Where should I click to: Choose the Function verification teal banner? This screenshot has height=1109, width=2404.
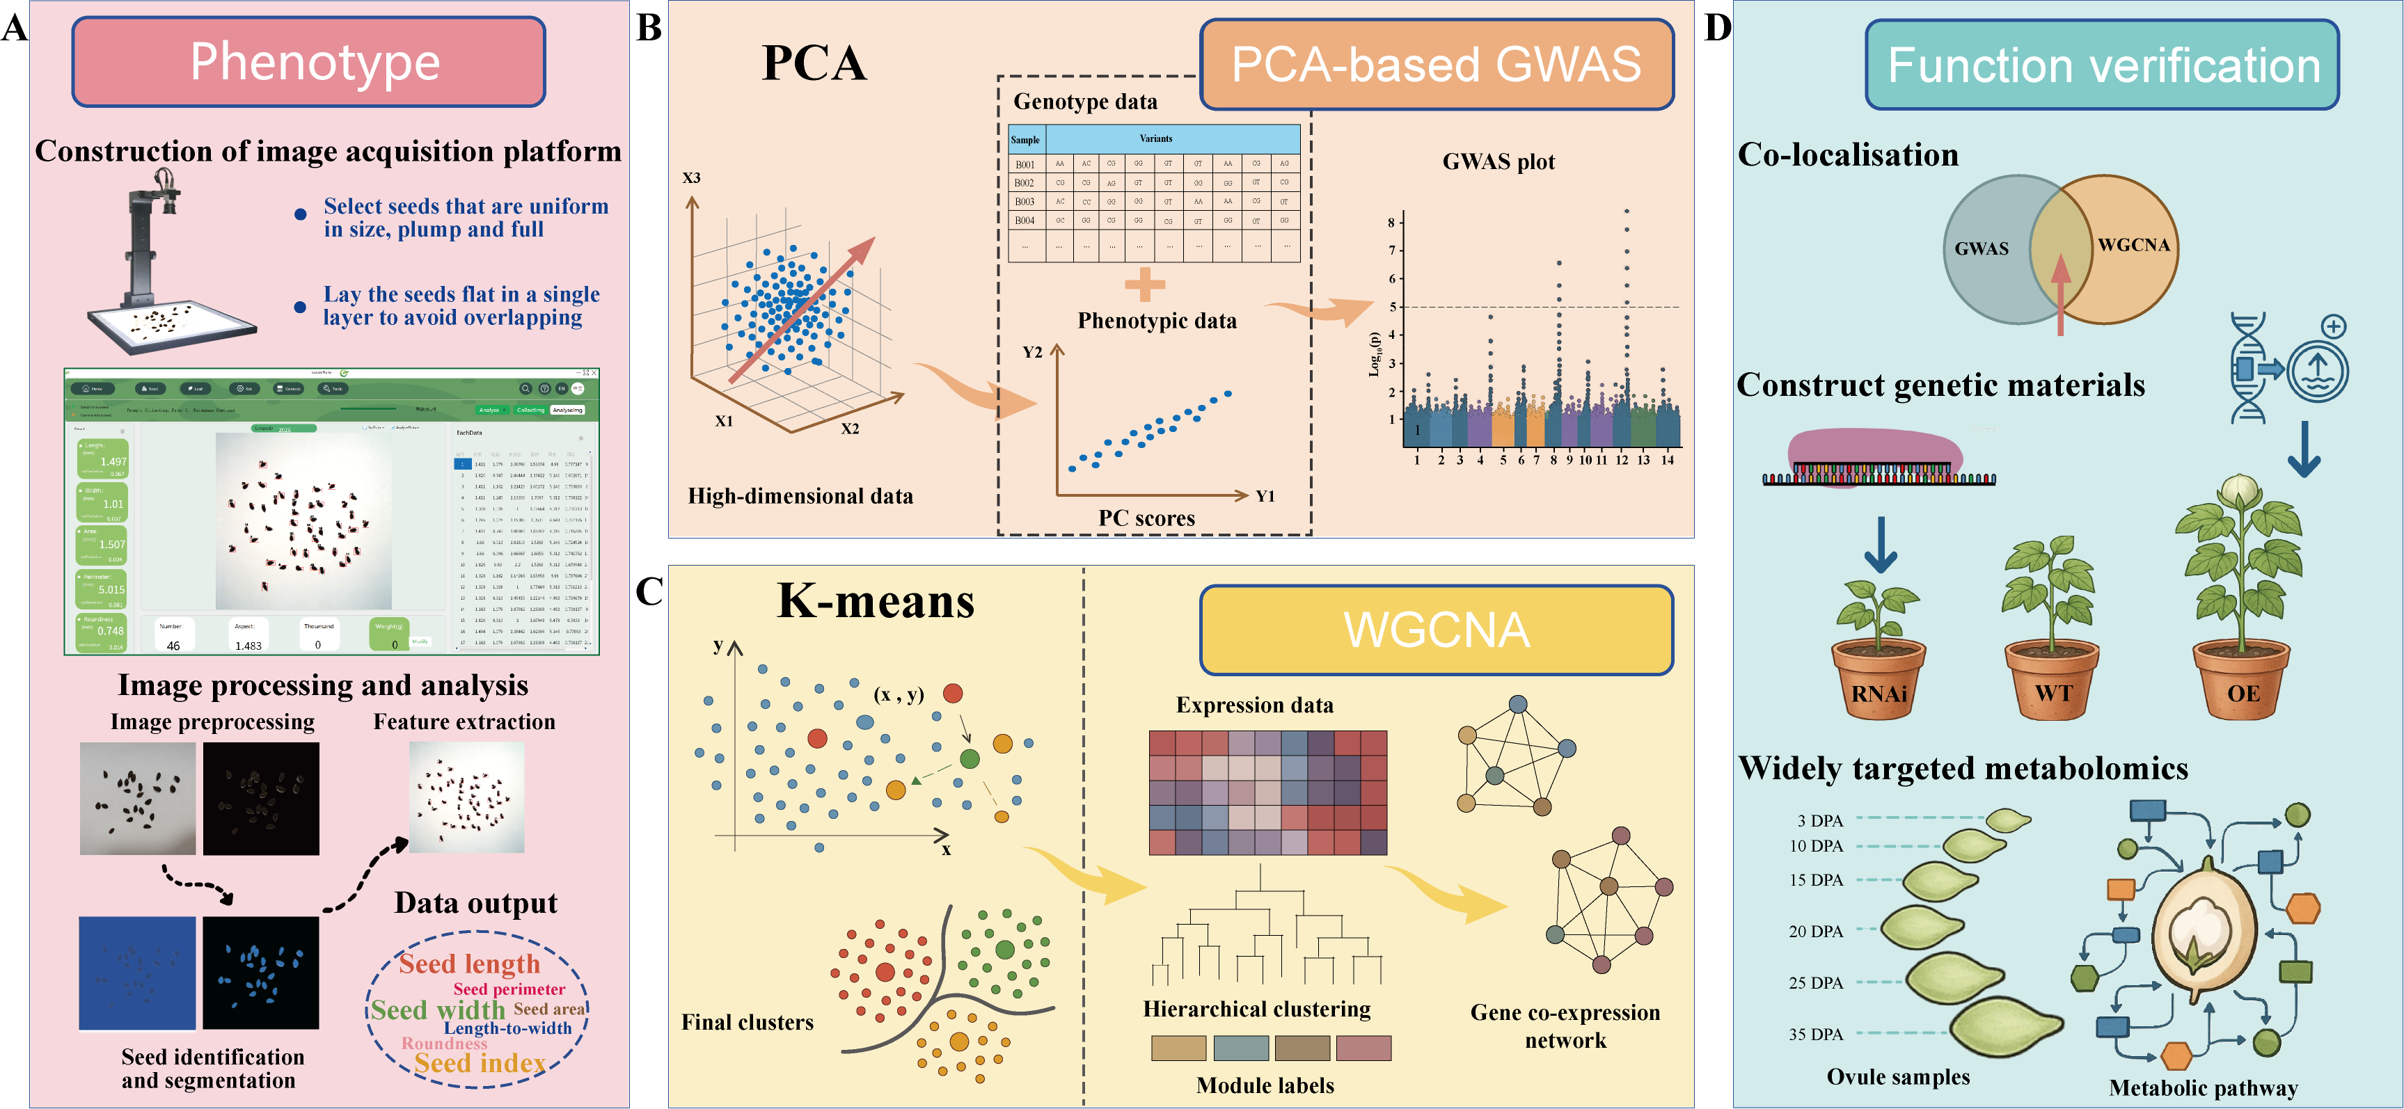pos(2103,65)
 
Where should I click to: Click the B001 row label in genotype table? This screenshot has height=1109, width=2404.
pos(1025,164)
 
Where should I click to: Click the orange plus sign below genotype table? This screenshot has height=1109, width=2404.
pos(1144,285)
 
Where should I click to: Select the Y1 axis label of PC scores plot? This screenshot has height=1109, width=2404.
pos(1265,496)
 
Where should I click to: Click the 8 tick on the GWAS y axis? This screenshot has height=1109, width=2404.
pos(1391,222)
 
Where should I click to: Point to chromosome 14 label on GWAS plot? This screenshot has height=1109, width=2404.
pos(1667,460)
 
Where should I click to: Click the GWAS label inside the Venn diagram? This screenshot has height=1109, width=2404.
pos(1982,249)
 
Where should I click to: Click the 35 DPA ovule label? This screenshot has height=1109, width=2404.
pos(1815,1035)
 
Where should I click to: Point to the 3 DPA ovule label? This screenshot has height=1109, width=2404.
pos(1820,821)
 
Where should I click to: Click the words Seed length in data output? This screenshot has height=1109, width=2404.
pos(469,964)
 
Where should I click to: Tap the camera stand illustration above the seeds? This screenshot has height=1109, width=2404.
pos(154,243)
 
